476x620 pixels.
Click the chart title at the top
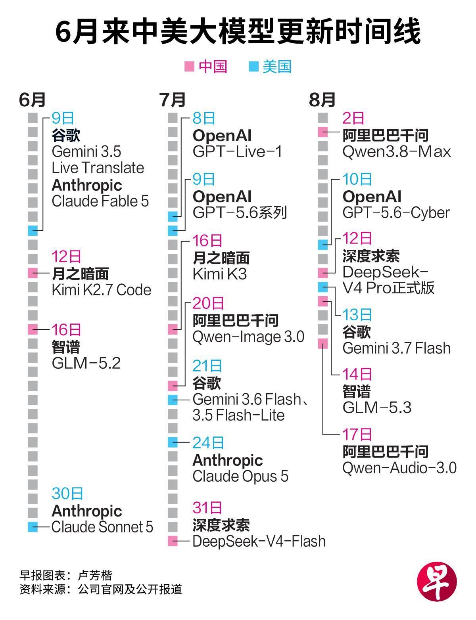(x=238, y=31)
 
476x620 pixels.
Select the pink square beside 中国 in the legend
(x=189, y=67)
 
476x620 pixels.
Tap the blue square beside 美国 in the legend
(x=253, y=67)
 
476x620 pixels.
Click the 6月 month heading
(x=32, y=100)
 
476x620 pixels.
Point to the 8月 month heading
(x=322, y=100)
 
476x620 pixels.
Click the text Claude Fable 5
(x=100, y=201)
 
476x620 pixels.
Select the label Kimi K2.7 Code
(x=101, y=290)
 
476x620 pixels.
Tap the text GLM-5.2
(x=86, y=363)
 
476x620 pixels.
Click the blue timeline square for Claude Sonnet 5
(x=33, y=527)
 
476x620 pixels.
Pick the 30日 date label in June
(x=67, y=494)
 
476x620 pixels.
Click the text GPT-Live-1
(x=237, y=151)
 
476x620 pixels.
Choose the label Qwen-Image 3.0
(x=248, y=337)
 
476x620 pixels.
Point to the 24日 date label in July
(x=208, y=443)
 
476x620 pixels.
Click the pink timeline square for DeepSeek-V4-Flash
(x=173, y=541)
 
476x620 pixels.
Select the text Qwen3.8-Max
(x=397, y=151)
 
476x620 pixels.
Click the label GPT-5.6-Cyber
(x=396, y=213)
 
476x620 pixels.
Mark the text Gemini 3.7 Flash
(x=396, y=348)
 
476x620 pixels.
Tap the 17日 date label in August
(x=357, y=434)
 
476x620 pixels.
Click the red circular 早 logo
(x=437, y=582)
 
